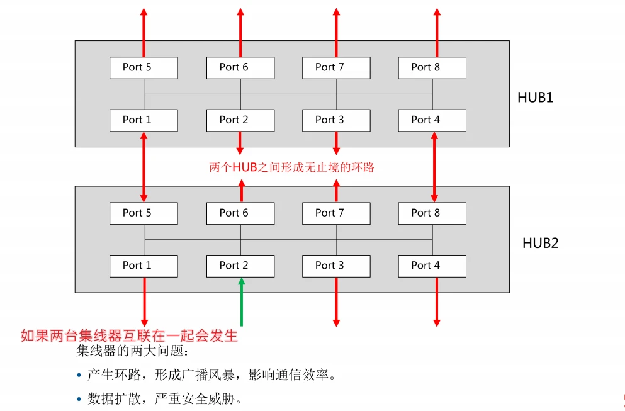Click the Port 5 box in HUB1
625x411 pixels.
144,67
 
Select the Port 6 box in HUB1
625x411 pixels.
240,67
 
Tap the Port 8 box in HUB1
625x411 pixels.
432,67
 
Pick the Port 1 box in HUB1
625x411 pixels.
144,120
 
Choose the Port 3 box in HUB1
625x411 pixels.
335,120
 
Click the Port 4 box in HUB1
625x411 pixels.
432,120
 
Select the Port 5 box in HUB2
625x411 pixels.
144,213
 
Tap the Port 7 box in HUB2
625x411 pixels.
335,213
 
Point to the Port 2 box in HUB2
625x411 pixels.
240,266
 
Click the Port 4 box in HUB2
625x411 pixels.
432,266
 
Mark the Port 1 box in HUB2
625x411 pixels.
144,266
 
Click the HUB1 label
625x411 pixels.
535,98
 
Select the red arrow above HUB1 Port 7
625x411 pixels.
336,31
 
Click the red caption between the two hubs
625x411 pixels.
291,168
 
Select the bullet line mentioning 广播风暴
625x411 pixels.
211,376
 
